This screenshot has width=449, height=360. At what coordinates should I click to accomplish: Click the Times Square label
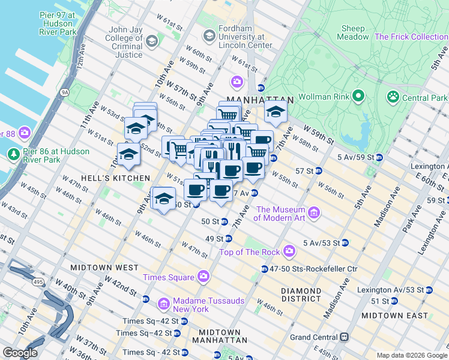[x=168, y=277]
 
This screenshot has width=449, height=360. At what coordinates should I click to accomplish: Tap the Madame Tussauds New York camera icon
[x=163, y=304]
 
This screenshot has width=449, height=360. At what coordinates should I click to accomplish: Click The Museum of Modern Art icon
[x=313, y=212]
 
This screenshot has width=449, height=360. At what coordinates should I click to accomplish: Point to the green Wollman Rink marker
[x=358, y=96]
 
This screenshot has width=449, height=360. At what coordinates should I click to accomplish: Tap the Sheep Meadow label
[x=353, y=32]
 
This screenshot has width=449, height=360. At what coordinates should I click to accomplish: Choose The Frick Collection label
[x=411, y=37]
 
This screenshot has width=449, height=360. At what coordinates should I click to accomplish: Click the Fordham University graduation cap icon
[x=209, y=35]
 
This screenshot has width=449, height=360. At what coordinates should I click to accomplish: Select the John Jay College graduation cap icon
[x=151, y=41]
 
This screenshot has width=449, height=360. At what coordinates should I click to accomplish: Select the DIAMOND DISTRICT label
[x=301, y=295]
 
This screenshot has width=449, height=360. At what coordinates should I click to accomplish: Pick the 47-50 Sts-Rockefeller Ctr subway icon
[x=264, y=269]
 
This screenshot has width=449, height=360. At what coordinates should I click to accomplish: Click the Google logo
[x=20, y=352]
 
